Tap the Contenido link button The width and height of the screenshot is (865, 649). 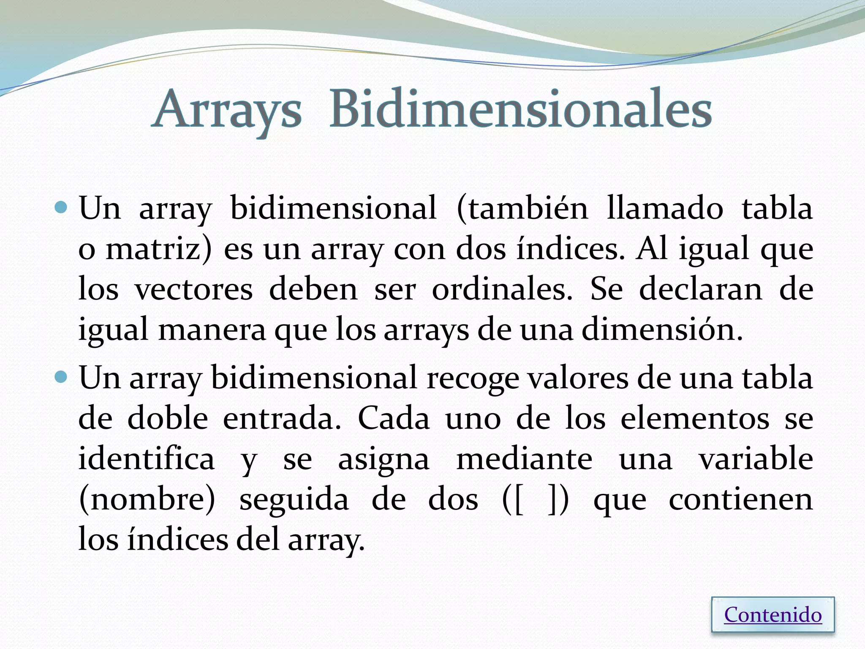773,615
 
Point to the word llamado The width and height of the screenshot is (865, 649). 664,208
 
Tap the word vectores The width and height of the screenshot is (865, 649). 194,289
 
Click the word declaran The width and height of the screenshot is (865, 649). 700,289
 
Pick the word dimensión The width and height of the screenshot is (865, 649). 661,330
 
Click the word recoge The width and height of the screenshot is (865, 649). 473,378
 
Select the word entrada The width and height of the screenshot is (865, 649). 281,418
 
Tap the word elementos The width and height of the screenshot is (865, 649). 695,418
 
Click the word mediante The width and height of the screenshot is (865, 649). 524,459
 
